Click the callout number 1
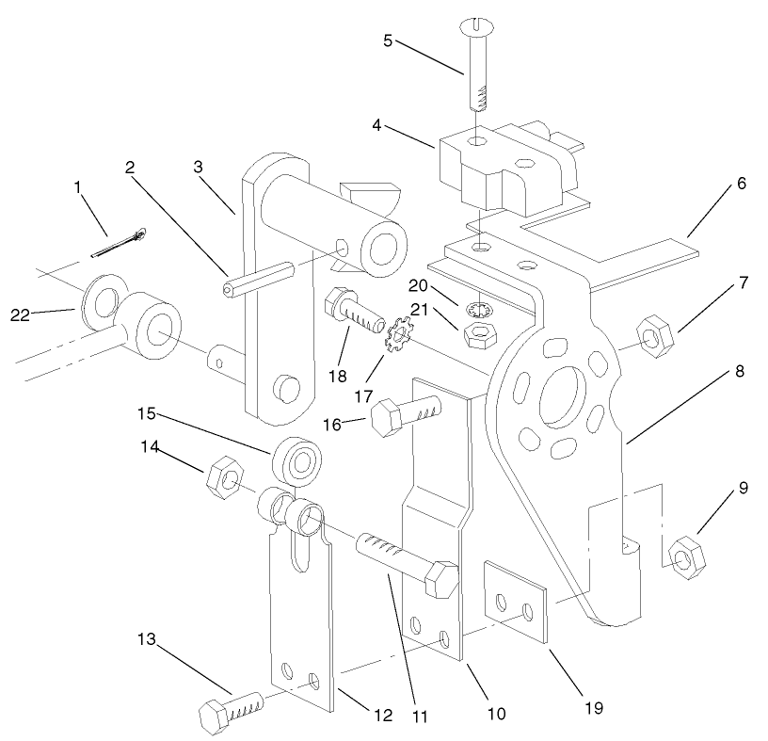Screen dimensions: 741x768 pos(78,187)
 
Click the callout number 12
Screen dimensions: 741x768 pos(383,716)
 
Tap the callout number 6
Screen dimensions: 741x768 pos(741,184)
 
